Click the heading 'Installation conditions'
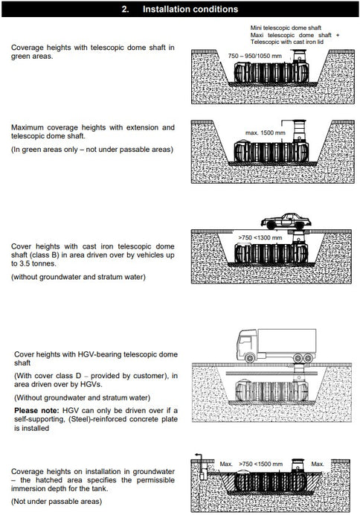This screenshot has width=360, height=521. (x=190, y=9)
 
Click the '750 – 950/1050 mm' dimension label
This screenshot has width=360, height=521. (x=254, y=56)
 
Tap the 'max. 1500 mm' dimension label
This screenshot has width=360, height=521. (x=266, y=132)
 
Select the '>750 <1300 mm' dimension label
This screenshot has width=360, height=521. (x=260, y=237)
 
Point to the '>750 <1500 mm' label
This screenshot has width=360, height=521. (x=260, y=464)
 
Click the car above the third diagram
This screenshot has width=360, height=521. (x=286, y=221)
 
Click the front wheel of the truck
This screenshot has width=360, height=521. (x=249, y=358)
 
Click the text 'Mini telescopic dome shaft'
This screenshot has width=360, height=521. (x=286, y=28)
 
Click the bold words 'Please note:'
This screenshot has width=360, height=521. (x=36, y=410)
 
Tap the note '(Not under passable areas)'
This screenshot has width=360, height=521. (x=57, y=501)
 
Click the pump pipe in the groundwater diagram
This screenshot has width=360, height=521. (x=201, y=466)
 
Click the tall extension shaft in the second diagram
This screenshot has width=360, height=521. (x=300, y=131)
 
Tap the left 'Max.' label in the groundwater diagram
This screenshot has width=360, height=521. (x=226, y=464)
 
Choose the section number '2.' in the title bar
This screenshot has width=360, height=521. (x=125, y=9)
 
